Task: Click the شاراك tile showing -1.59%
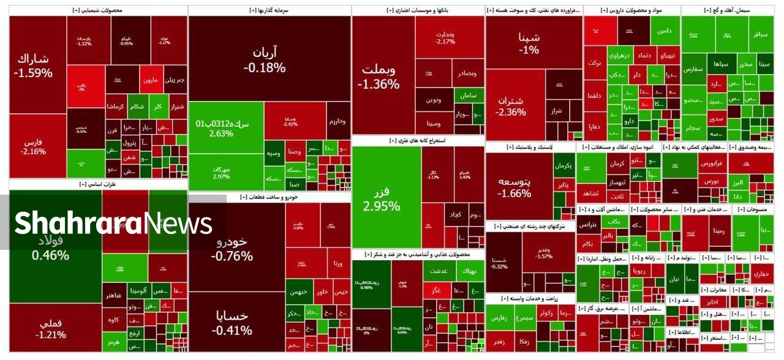click(x=34, y=65)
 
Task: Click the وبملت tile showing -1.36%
click(x=379, y=76)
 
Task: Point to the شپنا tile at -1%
click(x=529, y=43)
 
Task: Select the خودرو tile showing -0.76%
click(x=232, y=247)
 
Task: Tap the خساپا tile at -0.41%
click(x=232, y=322)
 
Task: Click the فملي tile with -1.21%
click(x=50, y=328)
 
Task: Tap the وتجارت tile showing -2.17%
click(x=445, y=38)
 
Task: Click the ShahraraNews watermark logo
click(x=113, y=223)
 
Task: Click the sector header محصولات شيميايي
click(x=97, y=10)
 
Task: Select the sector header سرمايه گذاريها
click(x=269, y=10)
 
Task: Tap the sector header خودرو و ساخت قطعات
click(x=269, y=197)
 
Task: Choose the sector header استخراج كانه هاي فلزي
click(x=417, y=140)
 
